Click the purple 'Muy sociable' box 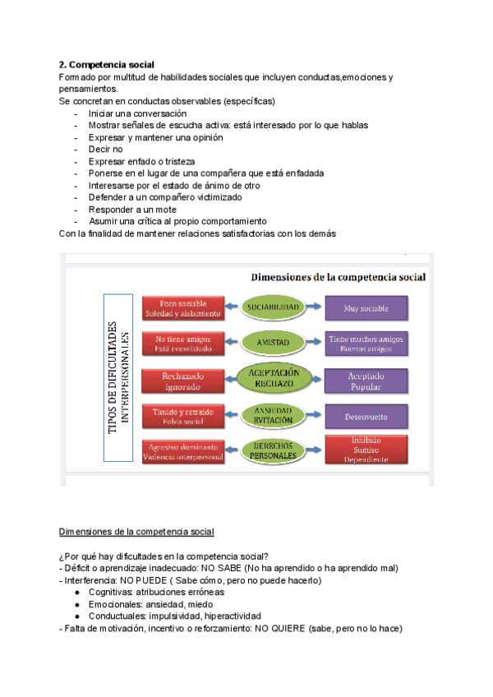(x=366, y=308)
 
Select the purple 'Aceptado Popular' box (x=366, y=380)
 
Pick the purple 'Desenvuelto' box (x=366, y=415)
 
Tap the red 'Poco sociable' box (x=182, y=308)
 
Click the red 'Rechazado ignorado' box (x=182, y=380)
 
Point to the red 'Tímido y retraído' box (x=182, y=415)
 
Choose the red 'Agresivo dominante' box (x=182, y=450)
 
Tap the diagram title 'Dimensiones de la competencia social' (x=338, y=277)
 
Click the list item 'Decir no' (x=106, y=150)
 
